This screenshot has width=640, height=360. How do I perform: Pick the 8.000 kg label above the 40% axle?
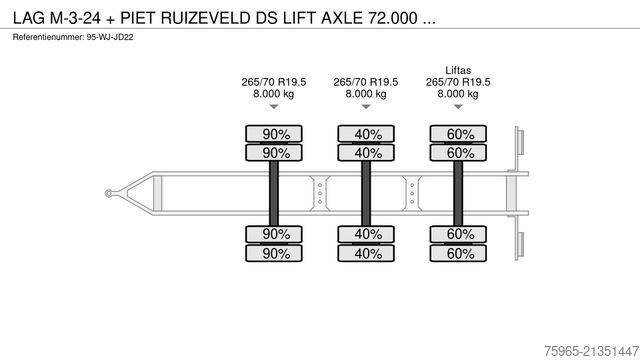(365, 93)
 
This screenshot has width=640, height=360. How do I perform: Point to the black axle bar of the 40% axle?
(365, 190)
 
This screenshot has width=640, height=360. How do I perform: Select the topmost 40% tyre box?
(365, 134)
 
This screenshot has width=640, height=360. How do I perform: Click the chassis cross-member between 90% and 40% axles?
(318, 190)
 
